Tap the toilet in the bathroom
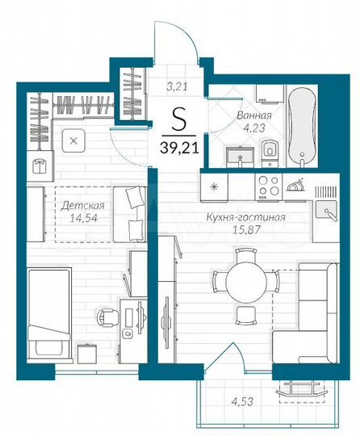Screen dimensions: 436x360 269,150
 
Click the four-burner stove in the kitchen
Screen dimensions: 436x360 267,187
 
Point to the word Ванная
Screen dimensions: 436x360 253,115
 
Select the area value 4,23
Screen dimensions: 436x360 253,127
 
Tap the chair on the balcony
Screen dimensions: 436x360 303,391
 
